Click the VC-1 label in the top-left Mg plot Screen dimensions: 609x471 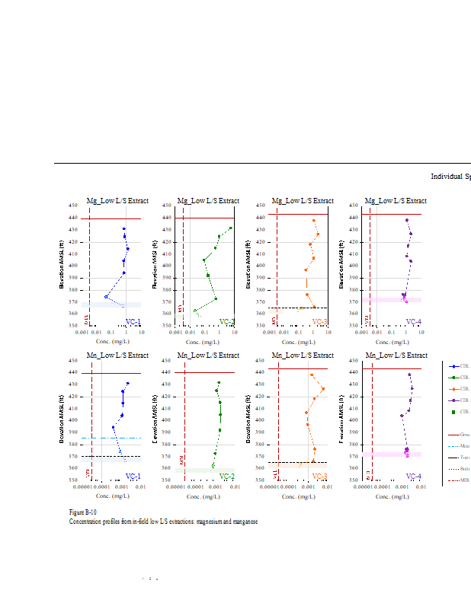click(133, 322)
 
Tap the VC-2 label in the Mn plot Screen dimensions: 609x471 click(226, 477)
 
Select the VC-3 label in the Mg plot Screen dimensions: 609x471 click(320, 322)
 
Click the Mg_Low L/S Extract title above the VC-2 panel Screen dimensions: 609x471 click(208, 201)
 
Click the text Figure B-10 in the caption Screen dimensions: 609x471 click(82, 513)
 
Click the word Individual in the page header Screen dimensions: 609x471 click(447, 176)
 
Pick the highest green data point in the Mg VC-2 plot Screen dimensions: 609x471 click(230, 228)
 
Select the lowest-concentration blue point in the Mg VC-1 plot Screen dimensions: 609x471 click(106, 297)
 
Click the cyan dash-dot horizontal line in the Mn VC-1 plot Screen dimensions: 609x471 click(114, 438)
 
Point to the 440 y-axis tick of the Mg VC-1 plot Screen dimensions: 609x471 click(73, 218)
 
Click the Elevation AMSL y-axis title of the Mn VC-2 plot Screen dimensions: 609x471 click(156, 419)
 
